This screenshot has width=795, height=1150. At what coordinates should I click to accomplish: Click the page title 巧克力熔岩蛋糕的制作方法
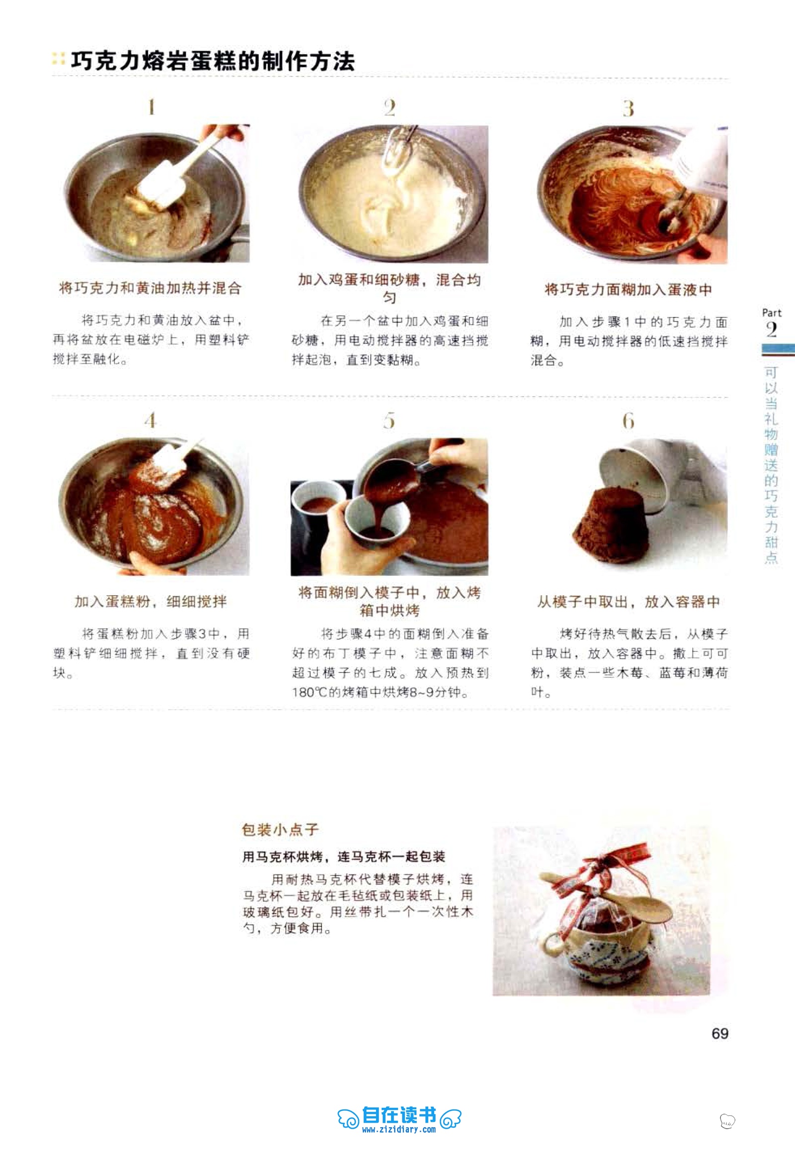coord(213,61)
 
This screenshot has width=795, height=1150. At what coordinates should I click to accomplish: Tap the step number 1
coord(152,107)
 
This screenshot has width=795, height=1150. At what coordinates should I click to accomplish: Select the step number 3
coord(629,108)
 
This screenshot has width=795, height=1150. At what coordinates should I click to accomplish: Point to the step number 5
coord(390,420)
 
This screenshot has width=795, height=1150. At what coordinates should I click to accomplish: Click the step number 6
coord(629,421)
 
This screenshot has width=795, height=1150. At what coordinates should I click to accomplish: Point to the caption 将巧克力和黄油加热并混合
coord(151,288)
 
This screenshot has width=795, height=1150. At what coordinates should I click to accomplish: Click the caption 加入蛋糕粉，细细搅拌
coord(151,601)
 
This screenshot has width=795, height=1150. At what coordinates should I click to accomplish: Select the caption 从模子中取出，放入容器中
coord(629,602)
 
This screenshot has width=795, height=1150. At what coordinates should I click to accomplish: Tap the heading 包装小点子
coord(280,829)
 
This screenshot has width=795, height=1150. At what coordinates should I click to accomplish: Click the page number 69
coord(720,1033)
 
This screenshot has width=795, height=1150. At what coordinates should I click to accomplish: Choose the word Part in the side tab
coord(772,313)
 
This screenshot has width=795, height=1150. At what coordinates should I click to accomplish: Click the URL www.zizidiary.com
coord(399,1130)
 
